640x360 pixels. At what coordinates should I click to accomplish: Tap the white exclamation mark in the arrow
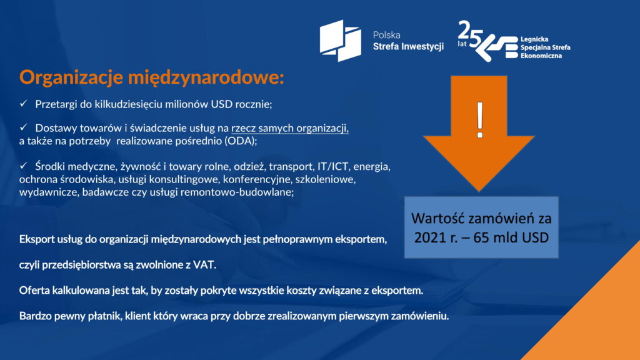(x=480, y=120)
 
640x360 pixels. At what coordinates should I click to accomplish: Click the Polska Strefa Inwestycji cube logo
(x=341, y=41)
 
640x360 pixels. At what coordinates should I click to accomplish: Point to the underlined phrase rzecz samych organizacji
(x=290, y=128)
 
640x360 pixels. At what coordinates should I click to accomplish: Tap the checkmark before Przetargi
(x=23, y=104)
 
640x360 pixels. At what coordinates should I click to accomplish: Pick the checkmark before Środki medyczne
(x=23, y=166)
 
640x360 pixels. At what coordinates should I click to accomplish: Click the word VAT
(x=204, y=265)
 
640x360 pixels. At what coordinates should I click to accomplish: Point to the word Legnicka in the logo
(x=534, y=39)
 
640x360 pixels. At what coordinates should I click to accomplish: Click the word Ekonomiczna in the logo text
(x=541, y=56)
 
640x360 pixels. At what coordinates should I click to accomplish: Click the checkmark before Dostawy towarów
(x=23, y=127)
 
